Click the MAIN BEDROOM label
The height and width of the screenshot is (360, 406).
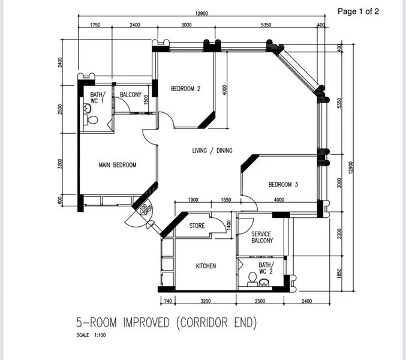pyautogui.click(x=118, y=165)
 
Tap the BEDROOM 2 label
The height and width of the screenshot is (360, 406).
pyautogui.click(x=185, y=89)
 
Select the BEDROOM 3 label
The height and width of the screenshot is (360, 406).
pyautogui.click(x=283, y=185)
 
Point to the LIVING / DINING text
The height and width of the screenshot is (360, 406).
pyautogui.click(x=212, y=151)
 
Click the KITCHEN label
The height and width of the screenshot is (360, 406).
pyautogui.click(x=206, y=266)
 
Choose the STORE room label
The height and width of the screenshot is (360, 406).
pyautogui.click(x=197, y=226)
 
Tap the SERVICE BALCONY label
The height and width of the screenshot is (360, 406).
pyautogui.click(x=262, y=237)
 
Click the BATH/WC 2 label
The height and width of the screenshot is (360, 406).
pyautogui.click(x=265, y=268)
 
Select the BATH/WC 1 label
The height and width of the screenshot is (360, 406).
pyautogui.click(x=97, y=97)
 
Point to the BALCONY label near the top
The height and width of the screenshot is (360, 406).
pyautogui.click(x=131, y=95)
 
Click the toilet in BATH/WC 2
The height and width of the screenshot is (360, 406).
pyautogui.click(x=252, y=278)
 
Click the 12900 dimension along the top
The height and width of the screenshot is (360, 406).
pyautogui.click(x=201, y=14)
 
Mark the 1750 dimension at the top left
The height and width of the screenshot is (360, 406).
pyautogui.click(x=95, y=25)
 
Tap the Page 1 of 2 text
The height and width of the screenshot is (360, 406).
pyautogui.click(x=359, y=11)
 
